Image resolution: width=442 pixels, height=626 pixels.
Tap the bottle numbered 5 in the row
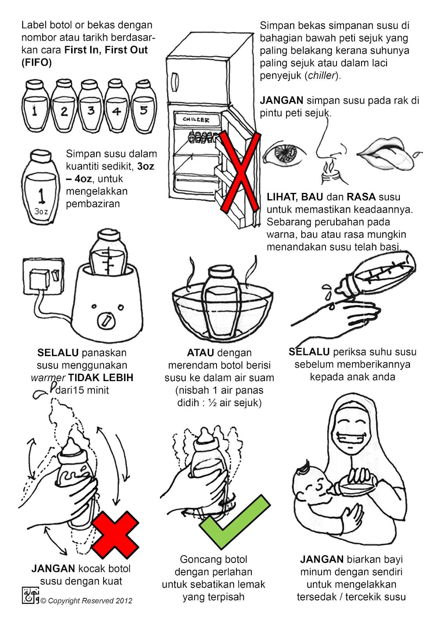coord(144,106)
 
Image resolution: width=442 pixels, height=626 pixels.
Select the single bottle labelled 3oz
coord(41,187)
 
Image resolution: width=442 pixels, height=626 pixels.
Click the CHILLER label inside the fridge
coord(196,120)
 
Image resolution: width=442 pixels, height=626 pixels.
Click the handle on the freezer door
coord(175,82)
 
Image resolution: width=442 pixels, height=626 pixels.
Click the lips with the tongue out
coord(390,154)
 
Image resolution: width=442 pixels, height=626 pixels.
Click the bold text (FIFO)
coord(37,63)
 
